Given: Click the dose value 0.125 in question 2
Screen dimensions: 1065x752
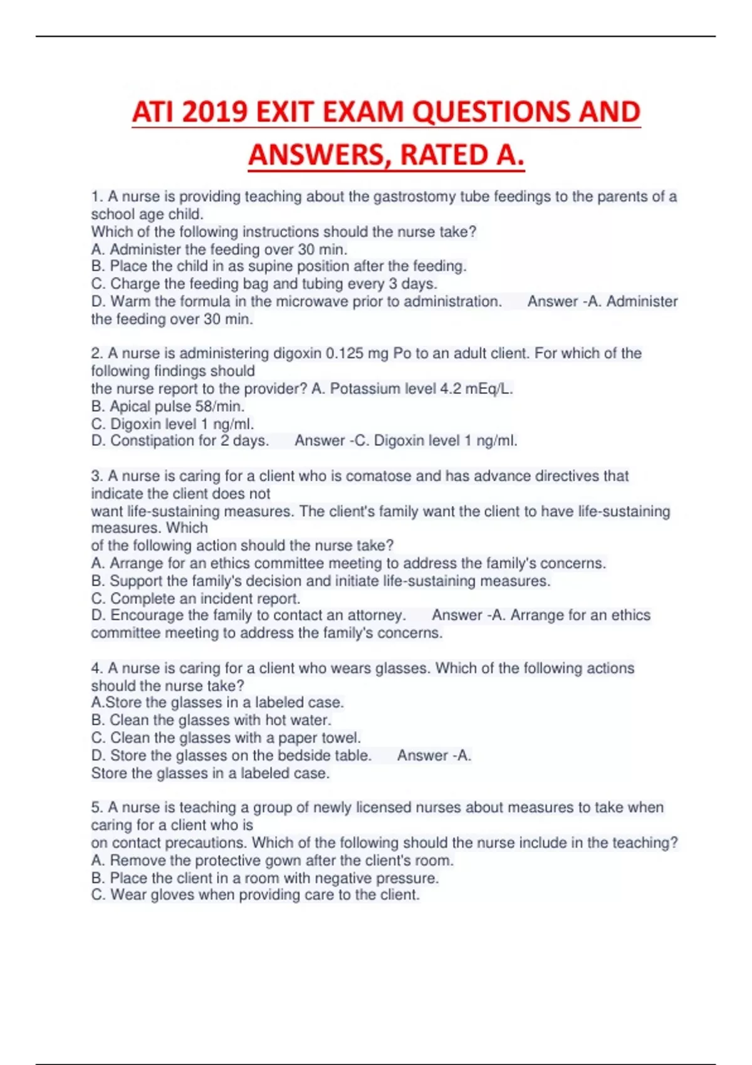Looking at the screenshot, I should tap(345, 353).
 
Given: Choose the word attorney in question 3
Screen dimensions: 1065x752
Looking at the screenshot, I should tap(373, 615).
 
